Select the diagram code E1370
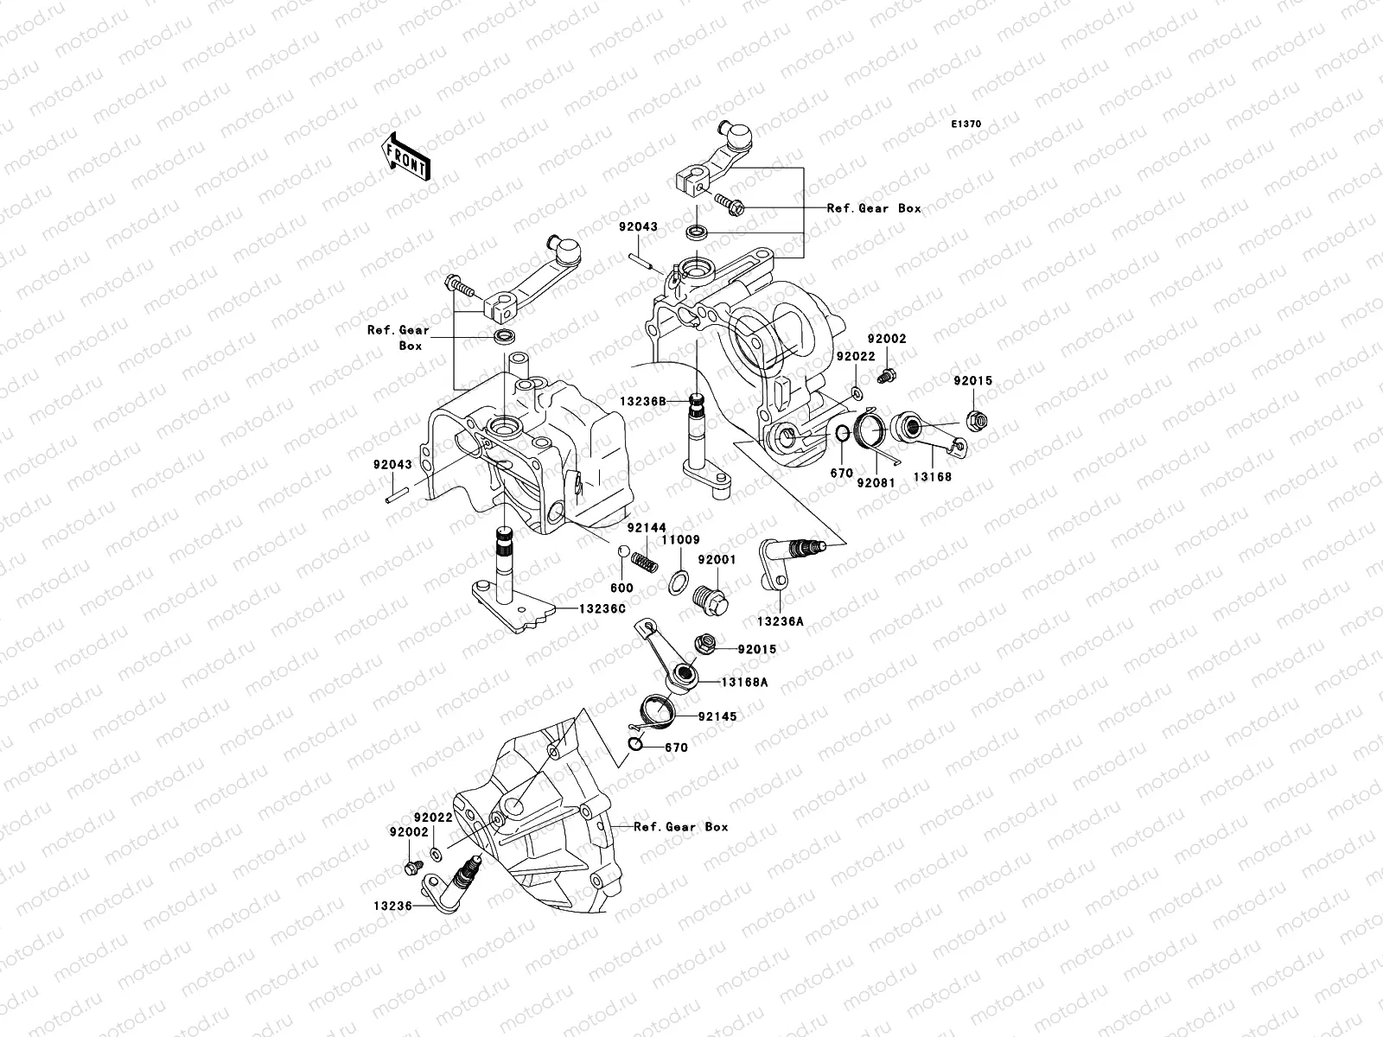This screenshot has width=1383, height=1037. click(966, 124)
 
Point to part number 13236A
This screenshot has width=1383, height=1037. click(780, 620)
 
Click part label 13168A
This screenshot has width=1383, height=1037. click(745, 682)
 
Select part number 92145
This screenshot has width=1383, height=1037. click(717, 716)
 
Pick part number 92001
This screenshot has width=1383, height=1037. click(717, 560)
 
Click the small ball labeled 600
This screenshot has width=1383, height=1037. click(621, 553)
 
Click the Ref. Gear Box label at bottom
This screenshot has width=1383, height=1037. click(681, 827)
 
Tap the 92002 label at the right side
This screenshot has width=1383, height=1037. click(888, 340)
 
